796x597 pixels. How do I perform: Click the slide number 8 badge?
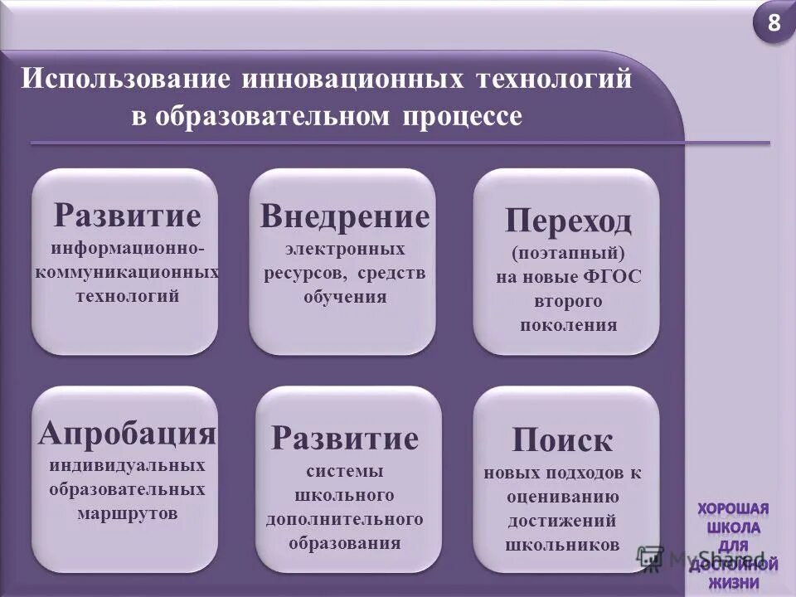[x=774, y=24]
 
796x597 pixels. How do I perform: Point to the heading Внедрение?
[x=345, y=216]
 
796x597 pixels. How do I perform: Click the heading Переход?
[x=568, y=221]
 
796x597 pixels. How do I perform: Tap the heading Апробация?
[x=127, y=432]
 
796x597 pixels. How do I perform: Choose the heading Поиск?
[x=562, y=439]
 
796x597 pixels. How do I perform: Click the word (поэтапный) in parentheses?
[x=568, y=253]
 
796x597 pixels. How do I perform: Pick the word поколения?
[x=568, y=324]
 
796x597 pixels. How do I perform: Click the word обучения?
[x=345, y=296]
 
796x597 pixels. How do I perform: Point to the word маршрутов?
[x=127, y=512]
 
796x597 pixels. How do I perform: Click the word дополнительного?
[x=345, y=519]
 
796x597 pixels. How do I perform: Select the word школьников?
[x=562, y=545]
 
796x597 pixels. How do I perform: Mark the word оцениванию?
[x=562, y=497]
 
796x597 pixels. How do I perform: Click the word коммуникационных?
[x=127, y=272]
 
